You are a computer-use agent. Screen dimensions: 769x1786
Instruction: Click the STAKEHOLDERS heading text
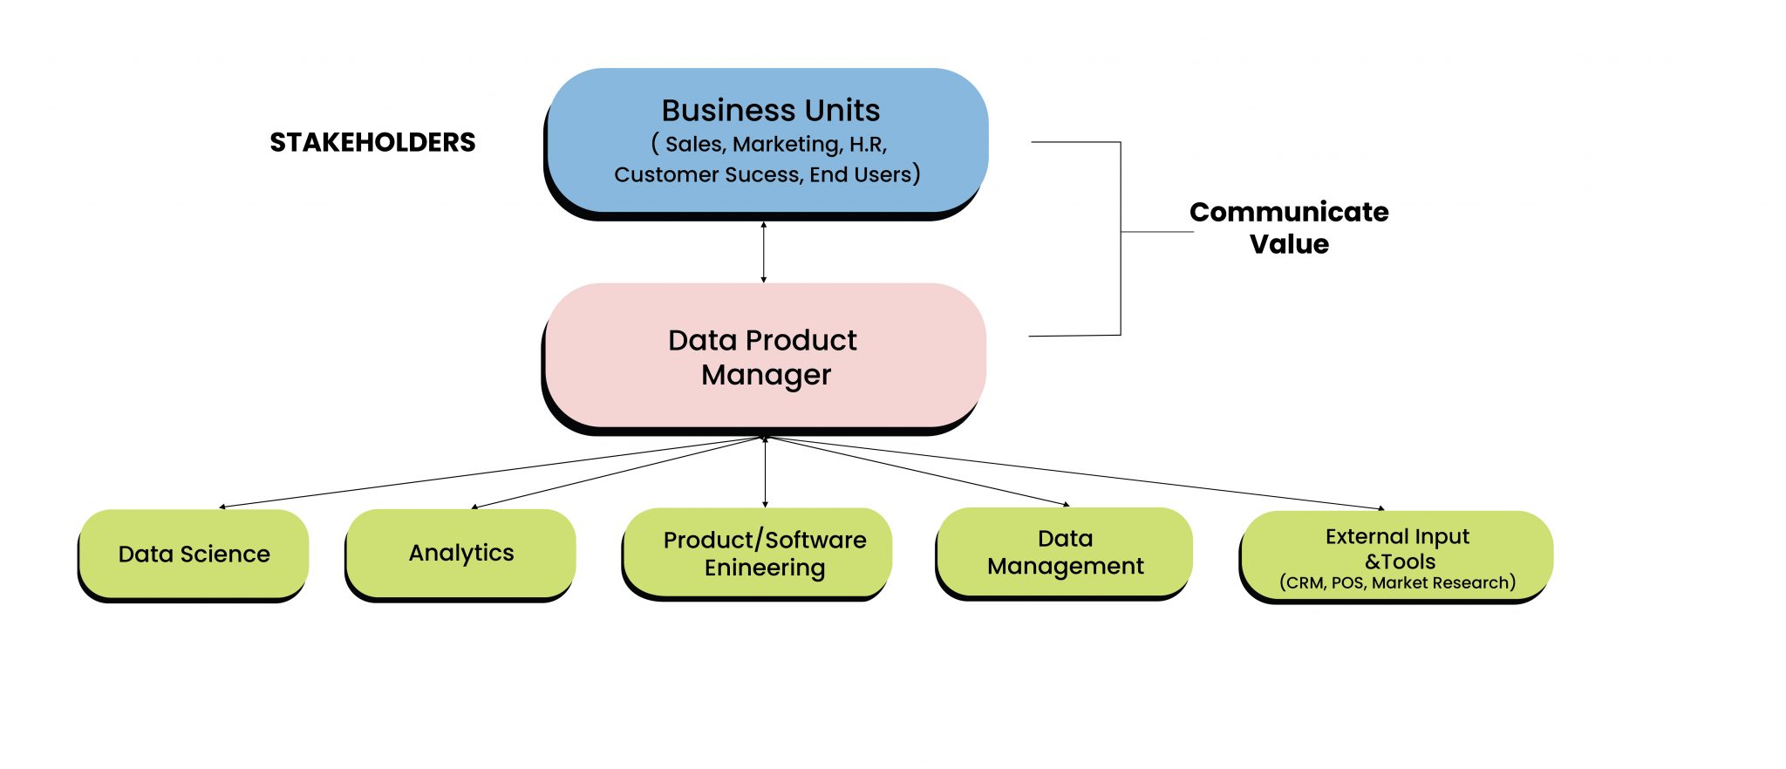pyautogui.click(x=372, y=142)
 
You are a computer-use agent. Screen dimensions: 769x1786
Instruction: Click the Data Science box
pyautogui.click(x=194, y=555)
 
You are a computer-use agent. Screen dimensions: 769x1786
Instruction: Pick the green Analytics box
pyautogui.click(x=460, y=553)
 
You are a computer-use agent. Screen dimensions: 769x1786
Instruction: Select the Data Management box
pyautogui.click(x=1064, y=553)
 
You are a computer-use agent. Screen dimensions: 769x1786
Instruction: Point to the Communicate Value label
pyautogui.click(x=1289, y=228)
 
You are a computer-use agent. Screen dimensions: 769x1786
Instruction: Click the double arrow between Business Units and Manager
pyautogui.click(x=764, y=252)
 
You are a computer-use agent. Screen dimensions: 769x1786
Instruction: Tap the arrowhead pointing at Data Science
pyautogui.click(x=223, y=507)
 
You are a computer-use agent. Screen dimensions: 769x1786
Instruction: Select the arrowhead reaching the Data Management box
pyautogui.click(x=1066, y=504)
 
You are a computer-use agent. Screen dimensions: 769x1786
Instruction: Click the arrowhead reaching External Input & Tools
pyautogui.click(x=1380, y=507)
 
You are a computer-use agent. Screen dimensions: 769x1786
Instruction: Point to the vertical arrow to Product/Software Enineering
pyautogui.click(x=766, y=475)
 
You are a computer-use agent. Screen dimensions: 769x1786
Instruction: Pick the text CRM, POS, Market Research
pyautogui.click(x=1397, y=582)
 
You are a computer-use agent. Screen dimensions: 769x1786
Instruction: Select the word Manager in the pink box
pyautogui.click(x=766, y=375)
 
